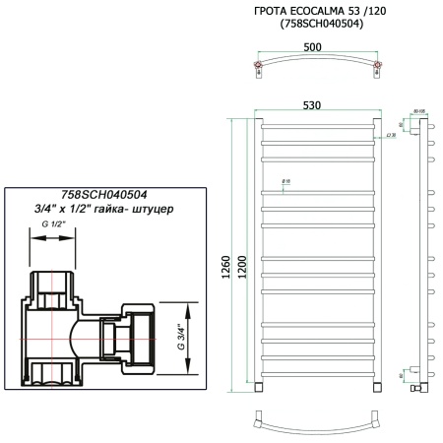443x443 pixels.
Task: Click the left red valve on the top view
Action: pyautogui.click(x=258, y=68)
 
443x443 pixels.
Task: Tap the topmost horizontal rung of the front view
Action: pyautogui.click(x=316, y=127)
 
